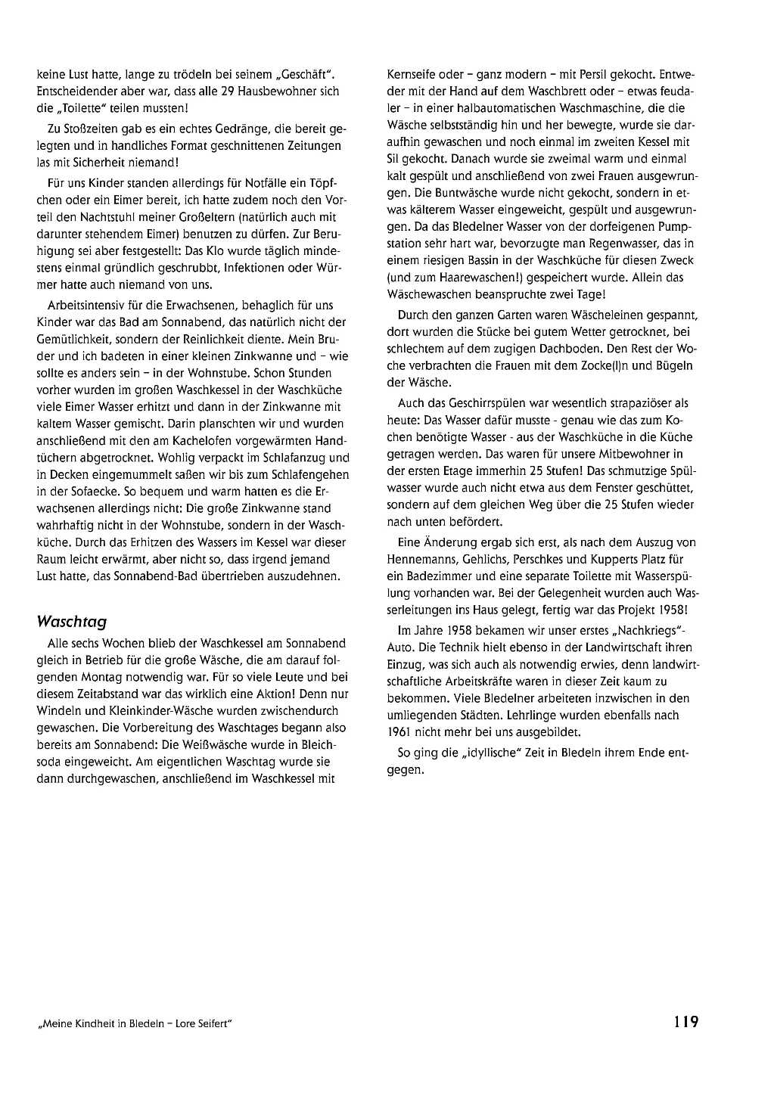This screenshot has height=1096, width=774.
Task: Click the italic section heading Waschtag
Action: (x=71, y=622)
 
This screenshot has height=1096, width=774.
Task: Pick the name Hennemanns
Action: (x=418, y=559)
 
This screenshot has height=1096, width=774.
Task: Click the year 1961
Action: (x=400, y=731)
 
